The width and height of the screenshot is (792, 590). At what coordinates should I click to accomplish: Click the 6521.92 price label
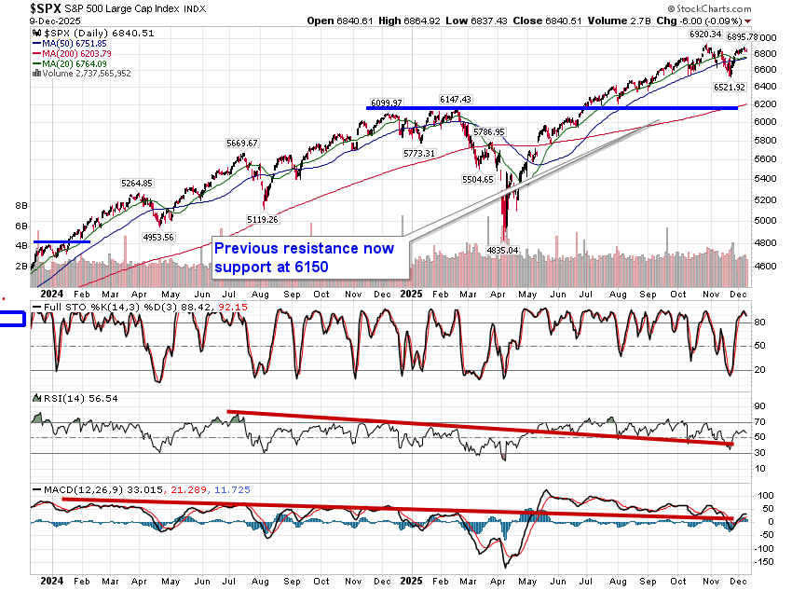coord(730,87)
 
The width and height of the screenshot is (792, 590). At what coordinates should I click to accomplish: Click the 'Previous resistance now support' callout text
coord(305,258)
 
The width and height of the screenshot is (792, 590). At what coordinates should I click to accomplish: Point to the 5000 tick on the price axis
coord(765,221)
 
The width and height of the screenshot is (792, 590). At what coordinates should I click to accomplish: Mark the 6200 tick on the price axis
coord(765,102)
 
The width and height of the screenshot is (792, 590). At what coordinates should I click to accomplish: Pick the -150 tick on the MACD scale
coord(767,562)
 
